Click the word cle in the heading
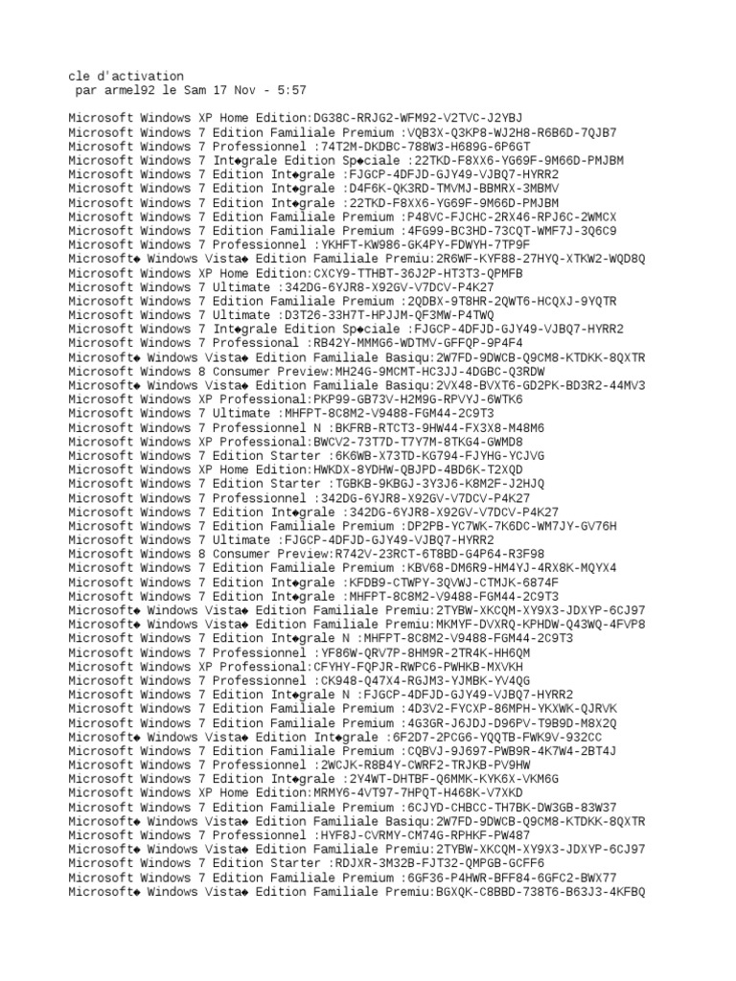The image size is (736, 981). tap(79, 76)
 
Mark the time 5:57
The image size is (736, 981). tap(291, 90)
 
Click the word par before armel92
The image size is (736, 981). tap(85, 90)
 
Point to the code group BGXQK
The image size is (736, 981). tap(452, 890)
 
